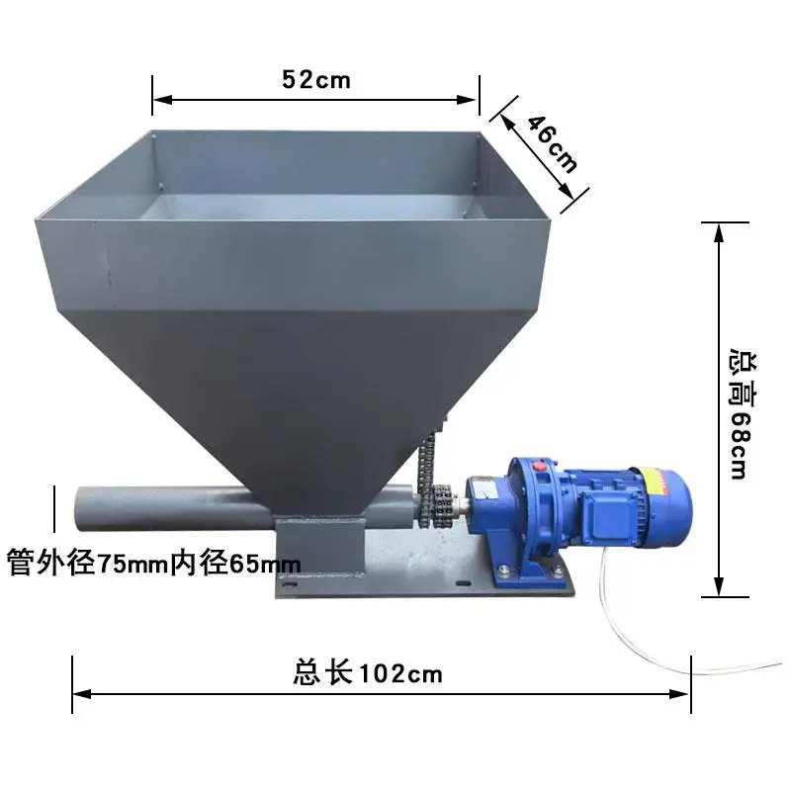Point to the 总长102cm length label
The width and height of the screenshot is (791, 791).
pos(368,674)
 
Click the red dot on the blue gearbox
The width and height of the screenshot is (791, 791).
pos(540,465)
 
